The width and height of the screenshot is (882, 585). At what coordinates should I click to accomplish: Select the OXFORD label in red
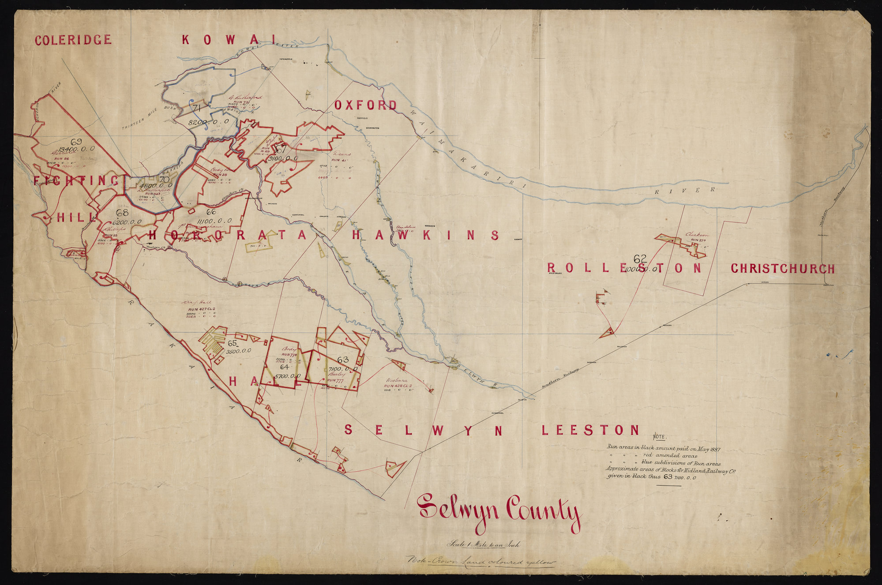[x=365, y=105]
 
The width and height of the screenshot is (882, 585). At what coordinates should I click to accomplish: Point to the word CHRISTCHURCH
[x=782, y=268]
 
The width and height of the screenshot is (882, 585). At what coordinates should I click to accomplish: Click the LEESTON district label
[x=590, y=430]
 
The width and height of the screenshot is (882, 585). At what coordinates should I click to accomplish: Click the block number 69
[x=76, y=142]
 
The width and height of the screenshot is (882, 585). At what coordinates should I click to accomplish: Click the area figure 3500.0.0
[x=239, y=351]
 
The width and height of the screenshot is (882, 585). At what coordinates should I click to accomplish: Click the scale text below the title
[x=484, y=544]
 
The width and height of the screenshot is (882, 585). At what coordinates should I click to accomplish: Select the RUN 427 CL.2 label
[x=201, y=309]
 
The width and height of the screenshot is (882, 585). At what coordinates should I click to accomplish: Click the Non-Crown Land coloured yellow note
[x=481, y=562]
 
